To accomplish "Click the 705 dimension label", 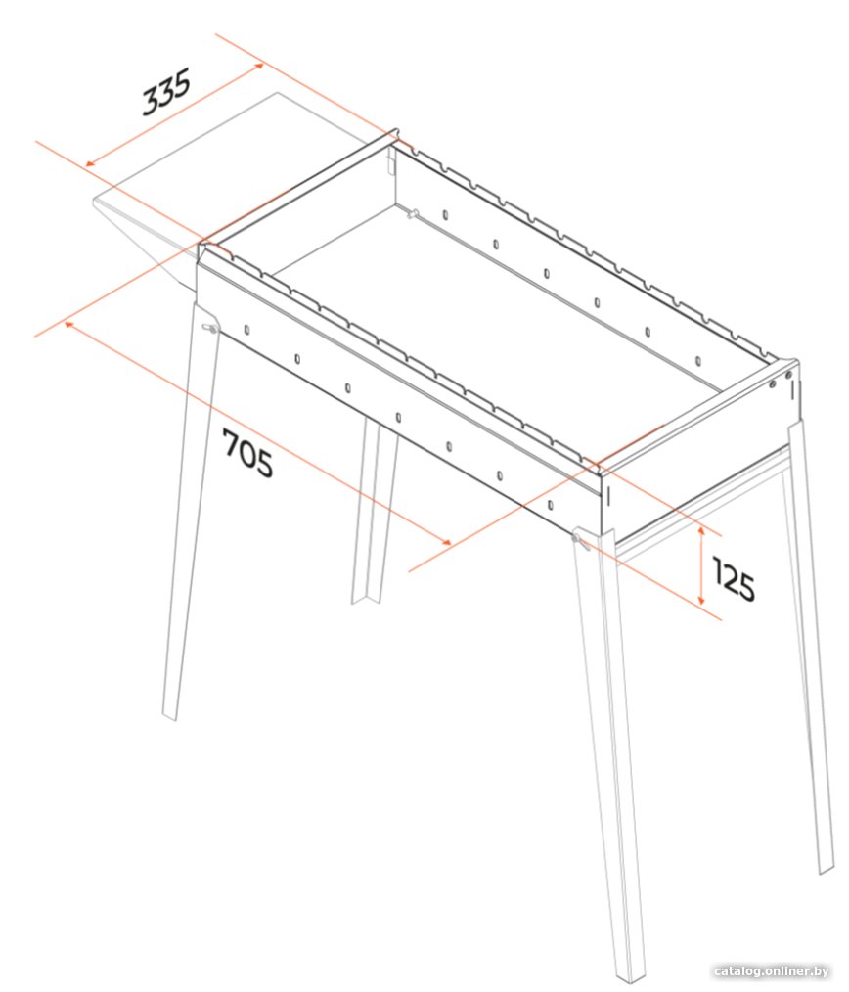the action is (247, 453).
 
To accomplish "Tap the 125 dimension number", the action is (734, 578).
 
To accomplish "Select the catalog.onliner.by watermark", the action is (771, 971).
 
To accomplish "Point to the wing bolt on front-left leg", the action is (209, 329).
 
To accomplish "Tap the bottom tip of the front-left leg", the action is (169, 717).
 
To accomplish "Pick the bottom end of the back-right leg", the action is (827, 870).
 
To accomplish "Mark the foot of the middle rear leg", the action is (366, 600).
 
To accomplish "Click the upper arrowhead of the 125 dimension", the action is (701, 529).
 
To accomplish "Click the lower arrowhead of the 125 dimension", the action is (701, 601).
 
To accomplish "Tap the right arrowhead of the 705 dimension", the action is (447, 542).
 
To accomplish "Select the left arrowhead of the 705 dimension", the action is (68, 324).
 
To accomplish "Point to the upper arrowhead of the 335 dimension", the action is (259, 65).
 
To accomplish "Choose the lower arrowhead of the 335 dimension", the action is (89, 164).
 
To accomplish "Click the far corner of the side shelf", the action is (277, 93).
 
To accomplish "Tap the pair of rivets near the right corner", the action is (780, 379).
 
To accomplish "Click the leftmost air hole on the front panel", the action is (246, 330).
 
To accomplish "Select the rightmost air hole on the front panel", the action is (550, 505).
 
